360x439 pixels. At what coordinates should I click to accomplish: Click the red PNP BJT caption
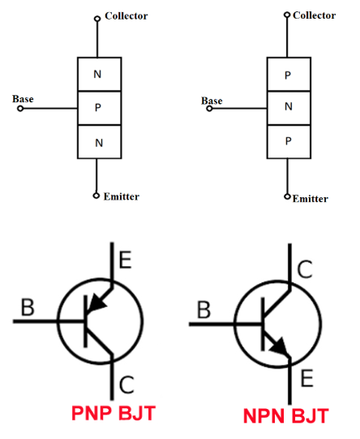[114, 413]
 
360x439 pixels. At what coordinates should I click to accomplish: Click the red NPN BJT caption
[286, 415]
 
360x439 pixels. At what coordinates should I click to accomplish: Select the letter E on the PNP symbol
[125, 260]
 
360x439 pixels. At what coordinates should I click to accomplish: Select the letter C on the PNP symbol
[126, 385]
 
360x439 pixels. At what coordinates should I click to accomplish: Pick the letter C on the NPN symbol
[305, 269]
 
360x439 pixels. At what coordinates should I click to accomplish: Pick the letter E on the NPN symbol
[306, 378]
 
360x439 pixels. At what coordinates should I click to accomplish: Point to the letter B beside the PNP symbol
[28, 308]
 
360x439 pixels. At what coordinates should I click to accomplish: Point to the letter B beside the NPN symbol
[204, 310]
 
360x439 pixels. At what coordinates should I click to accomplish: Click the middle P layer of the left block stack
[99, 108]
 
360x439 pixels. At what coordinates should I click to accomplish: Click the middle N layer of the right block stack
[289, 108]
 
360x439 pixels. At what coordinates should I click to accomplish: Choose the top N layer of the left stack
[99, 74]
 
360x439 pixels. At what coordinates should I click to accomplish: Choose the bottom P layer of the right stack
[289, 142]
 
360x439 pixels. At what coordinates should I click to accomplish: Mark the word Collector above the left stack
[126, 16]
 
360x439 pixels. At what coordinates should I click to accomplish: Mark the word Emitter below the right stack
[311, 199]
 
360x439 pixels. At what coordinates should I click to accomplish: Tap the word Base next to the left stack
[23, 99]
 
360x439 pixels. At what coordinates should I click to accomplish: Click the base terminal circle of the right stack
[209, 109]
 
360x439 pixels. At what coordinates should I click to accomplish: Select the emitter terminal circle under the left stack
[96, 196]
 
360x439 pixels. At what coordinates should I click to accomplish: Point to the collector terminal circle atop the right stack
[287, 15]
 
